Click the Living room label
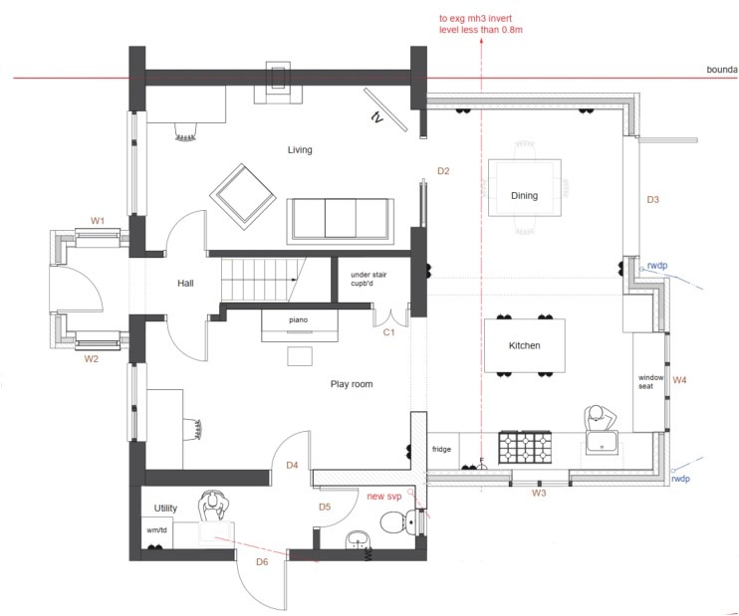coord(300,150)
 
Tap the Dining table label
coord(524,196)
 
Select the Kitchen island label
coord(524,345)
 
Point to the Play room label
coord(351,383)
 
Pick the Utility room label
coord(164,508)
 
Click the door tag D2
coord(443,171)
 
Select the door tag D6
coord(262,563)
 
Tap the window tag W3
coord(539,493)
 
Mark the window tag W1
coord(98,220)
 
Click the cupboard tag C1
coord(389,332)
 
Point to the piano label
coord(299,320)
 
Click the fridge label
coord(441,450)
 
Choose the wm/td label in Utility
coord(156,530)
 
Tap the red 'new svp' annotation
coord(387,496)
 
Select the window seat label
coord(651,382)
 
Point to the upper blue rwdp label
coord(657,266)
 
